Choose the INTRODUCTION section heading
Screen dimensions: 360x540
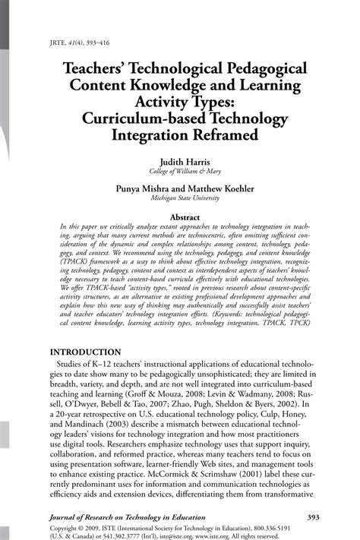(x=85, y=353)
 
